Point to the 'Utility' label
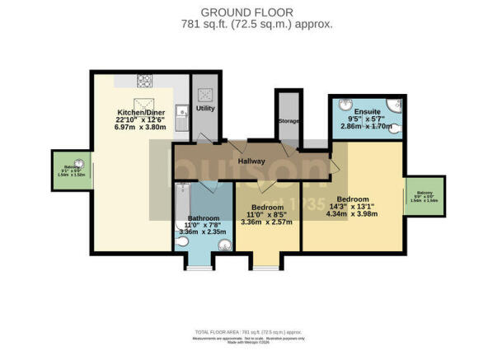[204, 108]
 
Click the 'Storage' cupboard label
[288, 121]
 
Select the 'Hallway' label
[251, 161]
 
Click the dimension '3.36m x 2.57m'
[267, 222]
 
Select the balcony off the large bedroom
[424, 198]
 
